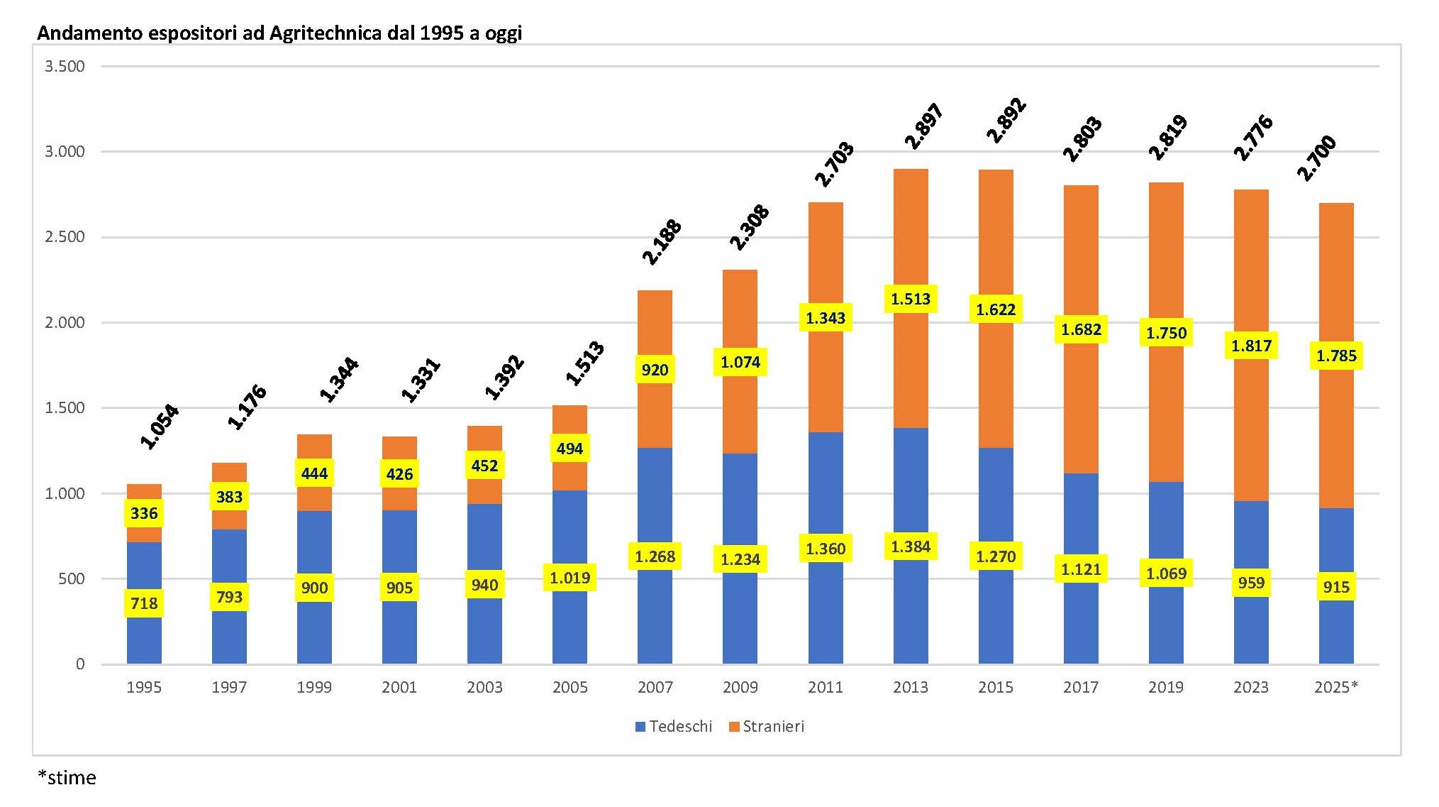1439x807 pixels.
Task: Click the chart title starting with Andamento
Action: (x=279, y=33)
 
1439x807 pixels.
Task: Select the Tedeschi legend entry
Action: (x=674, y=726)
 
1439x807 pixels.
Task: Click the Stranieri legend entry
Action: (x=767, y=726)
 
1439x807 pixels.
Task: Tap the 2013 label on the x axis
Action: (x=910, y=687)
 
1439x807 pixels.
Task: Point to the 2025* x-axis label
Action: (x=1335, y=687)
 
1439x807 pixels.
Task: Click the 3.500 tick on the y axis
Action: (x=65, y=67)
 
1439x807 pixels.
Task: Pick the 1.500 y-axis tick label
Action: (x=65, y=408)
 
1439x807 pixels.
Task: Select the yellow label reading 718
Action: (x=144, y=603)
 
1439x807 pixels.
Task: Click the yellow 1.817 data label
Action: (x=1251, y=346)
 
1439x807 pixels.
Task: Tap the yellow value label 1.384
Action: (x=910, y=547)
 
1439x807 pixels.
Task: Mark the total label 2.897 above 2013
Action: (x=923, y=126)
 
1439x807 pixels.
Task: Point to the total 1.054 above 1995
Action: (x=159, y=427)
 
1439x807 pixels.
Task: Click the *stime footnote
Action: (x=67, y=778)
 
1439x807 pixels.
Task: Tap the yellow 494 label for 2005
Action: (x=570, y=449)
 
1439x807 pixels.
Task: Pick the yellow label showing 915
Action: (x=1336, y=587)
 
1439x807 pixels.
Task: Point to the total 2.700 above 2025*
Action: (x=1316, y=158)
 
